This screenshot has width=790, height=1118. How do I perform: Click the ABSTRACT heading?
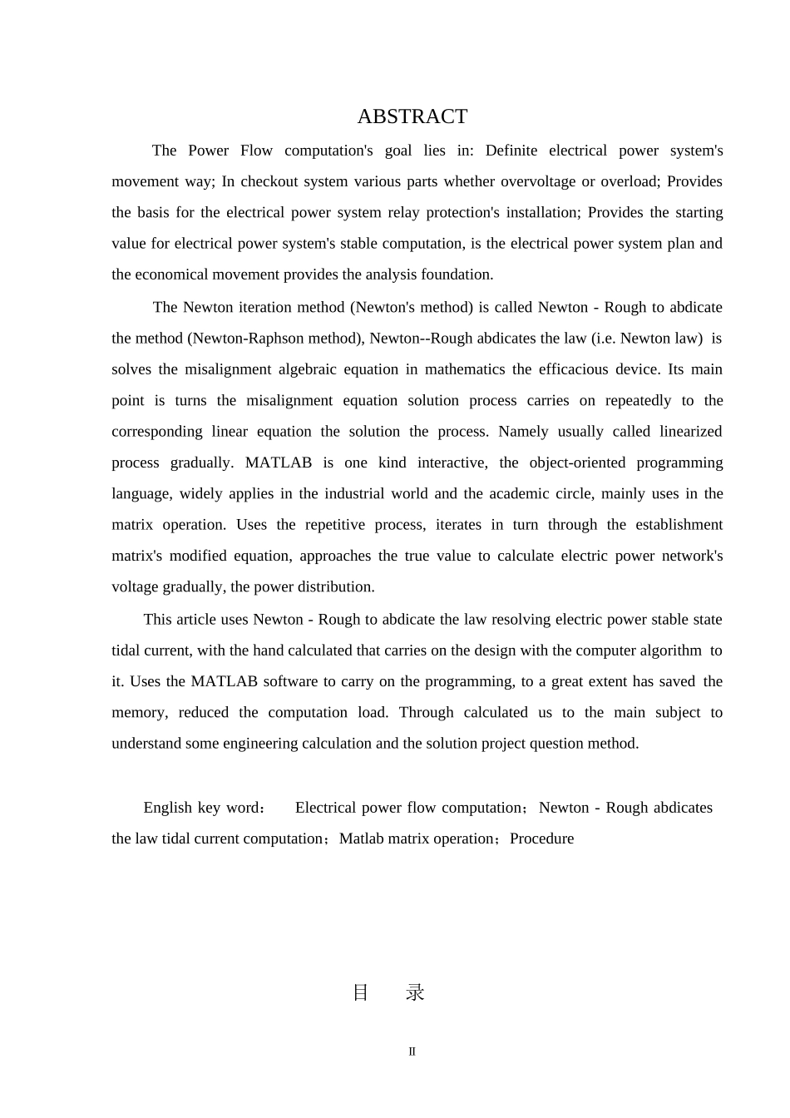tap(412, 116)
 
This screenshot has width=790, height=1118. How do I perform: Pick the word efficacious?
tap(565, 369)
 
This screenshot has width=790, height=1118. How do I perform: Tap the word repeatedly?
tap(638, 401)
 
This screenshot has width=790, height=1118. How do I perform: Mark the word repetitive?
tap(335, 525)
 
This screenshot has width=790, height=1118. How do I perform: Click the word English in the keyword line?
tap(167, 808)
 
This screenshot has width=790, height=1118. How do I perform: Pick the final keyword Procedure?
tap(541, 838)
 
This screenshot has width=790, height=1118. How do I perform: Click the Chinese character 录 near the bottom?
tap(415, 992)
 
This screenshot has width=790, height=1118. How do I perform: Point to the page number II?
tap(412, 1051)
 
